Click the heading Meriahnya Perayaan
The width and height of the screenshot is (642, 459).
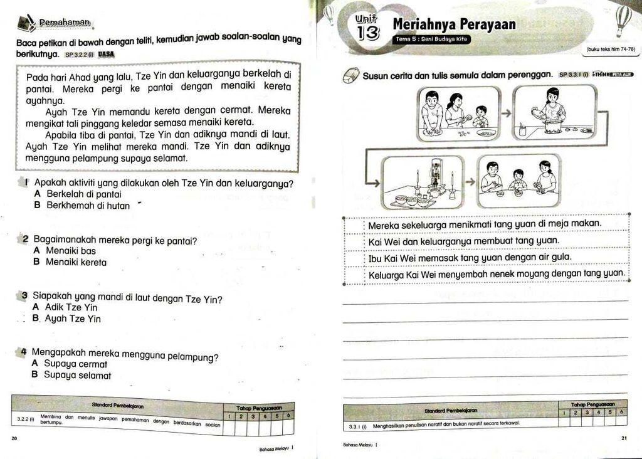pyautogui.click(x=454, y=24)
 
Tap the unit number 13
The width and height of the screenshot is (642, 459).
pyautogui.click(x=369, y=31)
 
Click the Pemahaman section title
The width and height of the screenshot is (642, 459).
pyautogui.click(x=65, y=23)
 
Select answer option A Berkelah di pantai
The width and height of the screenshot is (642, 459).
pyautogui.click(x=78, y=194)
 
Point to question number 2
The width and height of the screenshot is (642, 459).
pyautogui.click(x=25, y=240)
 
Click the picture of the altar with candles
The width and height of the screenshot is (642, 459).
pyautogui.click(x=424, y=182)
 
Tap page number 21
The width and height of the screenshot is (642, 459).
pyautogui.click(x=624, y=438)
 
